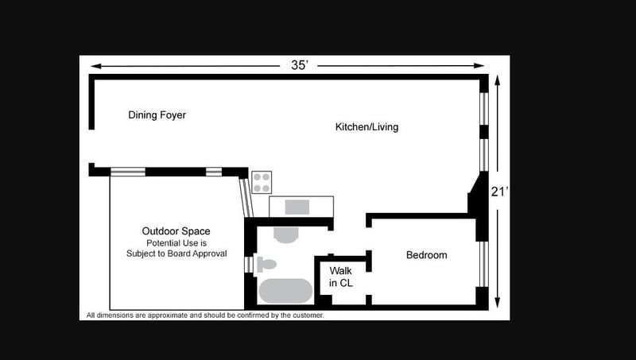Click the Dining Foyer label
point(157,115)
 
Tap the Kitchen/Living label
point(366,127)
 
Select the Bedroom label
point(427,255)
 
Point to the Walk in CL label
point(341,277)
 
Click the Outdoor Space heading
point(176,231)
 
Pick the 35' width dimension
point(300,65)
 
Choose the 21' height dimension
point(499,192)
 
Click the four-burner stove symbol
point(262,183)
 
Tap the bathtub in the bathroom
point(285,291)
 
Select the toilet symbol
point(266,265)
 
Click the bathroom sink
point(286,234)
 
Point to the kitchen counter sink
point(297,207)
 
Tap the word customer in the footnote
point(308,315)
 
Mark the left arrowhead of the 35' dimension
point(95,66)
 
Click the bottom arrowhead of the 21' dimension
point(498,304)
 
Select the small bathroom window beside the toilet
point(248,265)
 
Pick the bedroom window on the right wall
point(484,264)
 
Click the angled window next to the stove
point(246,198)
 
